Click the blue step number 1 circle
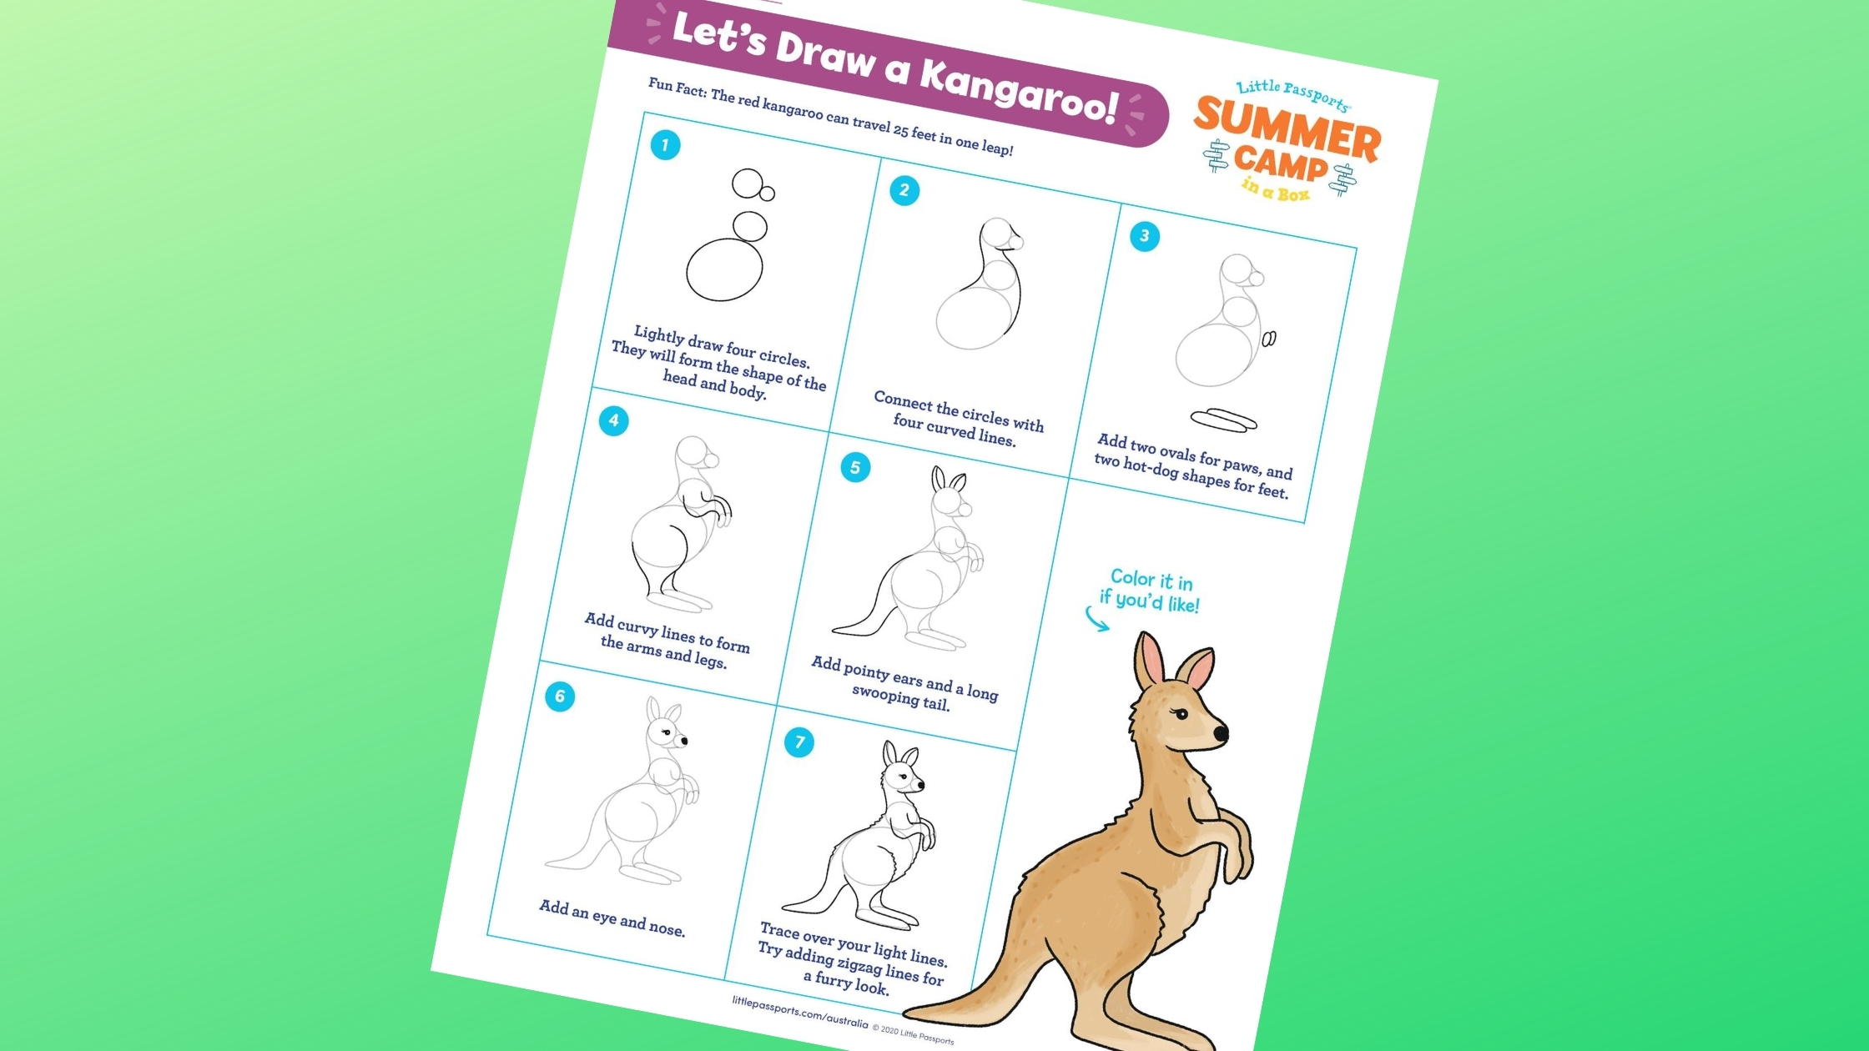click(x=665, y=145)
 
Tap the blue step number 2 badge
click(x=904, y=190)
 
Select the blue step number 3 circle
click(x=1144, y=236)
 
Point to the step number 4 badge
click(x=613, y=420)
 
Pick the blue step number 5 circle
click(x=855, y=467)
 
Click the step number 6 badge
click(x=560, y=696)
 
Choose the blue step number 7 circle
click(x=799, y=742)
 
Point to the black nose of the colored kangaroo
click(x=1221, y=734)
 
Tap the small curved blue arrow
click(x=1096, y=620)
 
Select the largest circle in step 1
click(x=724, y=269)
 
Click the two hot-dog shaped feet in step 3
click(x=1223, y=420)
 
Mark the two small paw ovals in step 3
click(x=1268, y=339)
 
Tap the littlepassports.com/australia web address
click(x=800, y=1010)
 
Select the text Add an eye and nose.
click(x=612, y=918)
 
